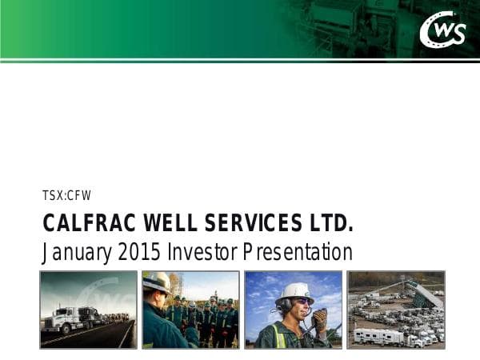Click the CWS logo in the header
coord(442,30)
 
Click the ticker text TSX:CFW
coord(66,194)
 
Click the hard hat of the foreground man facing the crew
coord(155,282)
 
